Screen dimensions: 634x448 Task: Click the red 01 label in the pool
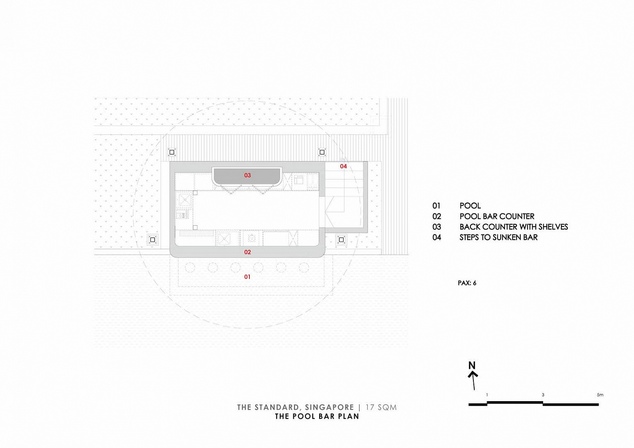point(247,277)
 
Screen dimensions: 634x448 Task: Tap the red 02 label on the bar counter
point(247,252)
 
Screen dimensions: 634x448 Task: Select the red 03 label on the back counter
point(247,175)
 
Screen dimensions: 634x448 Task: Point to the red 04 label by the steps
point(343,167)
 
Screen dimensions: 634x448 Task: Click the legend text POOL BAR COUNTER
point(497,216)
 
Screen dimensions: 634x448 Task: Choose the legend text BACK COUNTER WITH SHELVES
point(514,227)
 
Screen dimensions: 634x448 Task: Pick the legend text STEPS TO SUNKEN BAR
point(498,238)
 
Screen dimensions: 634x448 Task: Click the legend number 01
point(436,206)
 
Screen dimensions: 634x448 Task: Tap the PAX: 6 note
point(467,283)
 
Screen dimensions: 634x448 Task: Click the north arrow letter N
point(472,365)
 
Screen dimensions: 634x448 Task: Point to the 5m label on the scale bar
point(600,395)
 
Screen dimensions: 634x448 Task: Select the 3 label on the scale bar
point(543,395)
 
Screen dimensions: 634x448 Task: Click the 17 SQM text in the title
point(381,407)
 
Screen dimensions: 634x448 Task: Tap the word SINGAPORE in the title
point(329,407)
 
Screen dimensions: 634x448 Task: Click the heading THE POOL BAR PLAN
point(317,417)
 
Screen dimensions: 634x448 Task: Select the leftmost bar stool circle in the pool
point(190,268)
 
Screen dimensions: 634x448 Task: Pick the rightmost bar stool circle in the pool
point(304,268)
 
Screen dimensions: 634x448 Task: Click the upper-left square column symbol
point(172,152)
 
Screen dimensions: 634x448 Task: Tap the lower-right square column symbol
point(342,240)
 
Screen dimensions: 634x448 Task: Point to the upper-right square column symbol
point(322,152)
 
